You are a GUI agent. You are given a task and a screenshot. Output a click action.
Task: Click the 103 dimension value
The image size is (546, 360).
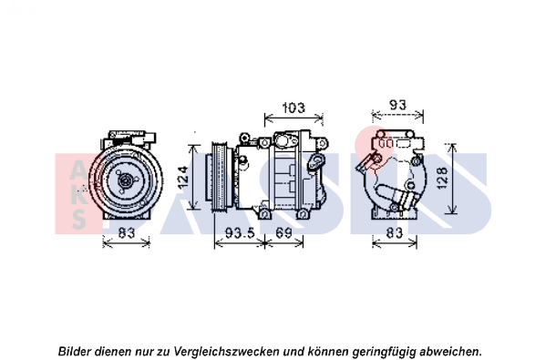pos(294,108)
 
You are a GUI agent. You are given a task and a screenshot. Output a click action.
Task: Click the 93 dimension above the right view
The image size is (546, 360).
pos(397,105)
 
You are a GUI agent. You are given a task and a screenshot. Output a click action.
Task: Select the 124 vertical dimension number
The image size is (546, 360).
pos(183,178)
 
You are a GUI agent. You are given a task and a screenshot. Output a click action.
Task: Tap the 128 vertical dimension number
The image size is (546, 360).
pos(442,179)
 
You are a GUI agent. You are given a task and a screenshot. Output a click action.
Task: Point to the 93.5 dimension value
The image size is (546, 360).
pos(240,232)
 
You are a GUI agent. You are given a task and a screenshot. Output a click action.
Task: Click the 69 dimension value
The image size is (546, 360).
pos(283,232)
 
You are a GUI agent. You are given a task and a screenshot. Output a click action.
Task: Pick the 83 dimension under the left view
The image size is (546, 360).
pos(127,232)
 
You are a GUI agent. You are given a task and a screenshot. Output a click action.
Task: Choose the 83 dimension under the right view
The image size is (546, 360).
pos(395,232)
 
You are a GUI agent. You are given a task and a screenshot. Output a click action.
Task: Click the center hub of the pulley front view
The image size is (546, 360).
pos(126,181)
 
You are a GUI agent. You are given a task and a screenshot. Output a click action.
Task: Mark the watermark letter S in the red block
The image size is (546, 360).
pos(79,220)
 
